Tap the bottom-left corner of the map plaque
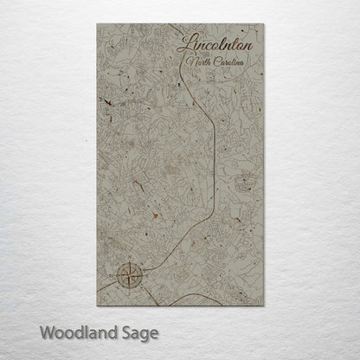point(98,305)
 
